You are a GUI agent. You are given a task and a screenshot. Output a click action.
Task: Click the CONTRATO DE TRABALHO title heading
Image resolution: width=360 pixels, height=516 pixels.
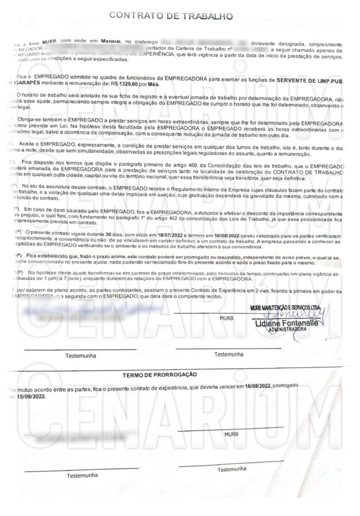click(179, 16)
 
